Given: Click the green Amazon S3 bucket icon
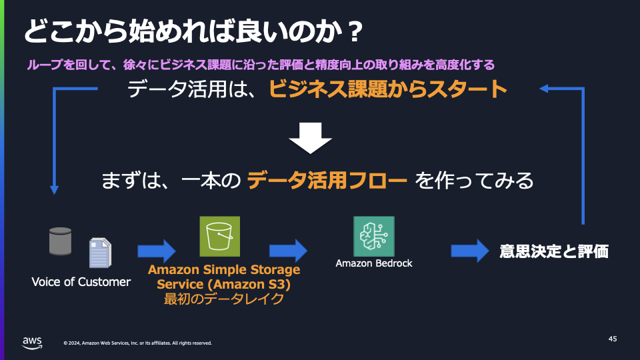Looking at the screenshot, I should pos(219,237).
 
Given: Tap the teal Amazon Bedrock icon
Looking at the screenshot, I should pos(373,237).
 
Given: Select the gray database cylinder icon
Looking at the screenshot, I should pos(60,241).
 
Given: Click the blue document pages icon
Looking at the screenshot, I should pos(100,253).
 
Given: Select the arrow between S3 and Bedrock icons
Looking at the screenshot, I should pos(288,251).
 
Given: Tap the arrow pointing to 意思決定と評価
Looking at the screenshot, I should pos(470,251).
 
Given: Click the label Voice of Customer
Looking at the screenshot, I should pos(81,282).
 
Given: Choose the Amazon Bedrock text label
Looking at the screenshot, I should pos(373,263).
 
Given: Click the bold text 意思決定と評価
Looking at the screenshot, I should pos(554,252).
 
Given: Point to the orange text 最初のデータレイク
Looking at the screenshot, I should pos(224,299).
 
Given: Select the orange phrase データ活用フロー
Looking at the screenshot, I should pos(327,180).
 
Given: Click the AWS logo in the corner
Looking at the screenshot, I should pos(32,342).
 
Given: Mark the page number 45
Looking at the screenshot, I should pos(613,339).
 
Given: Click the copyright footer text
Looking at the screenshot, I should pos(137,343).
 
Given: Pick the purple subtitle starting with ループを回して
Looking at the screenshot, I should pos(260,65).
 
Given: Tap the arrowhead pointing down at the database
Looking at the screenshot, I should pos(55,189).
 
